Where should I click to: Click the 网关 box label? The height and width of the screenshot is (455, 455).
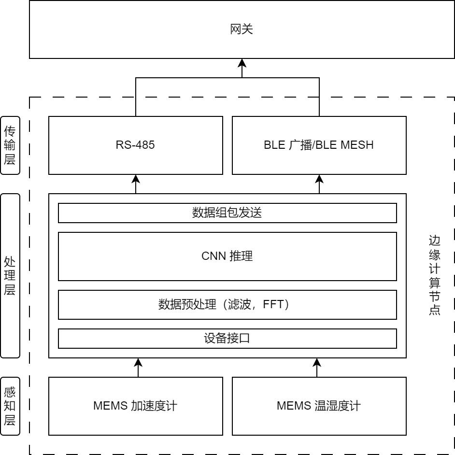point(242,30)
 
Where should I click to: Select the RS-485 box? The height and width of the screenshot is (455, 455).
point(135,145)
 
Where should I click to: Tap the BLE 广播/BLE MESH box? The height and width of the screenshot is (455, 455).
point(319,145)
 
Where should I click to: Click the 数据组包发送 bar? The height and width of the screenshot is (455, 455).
point(227,213)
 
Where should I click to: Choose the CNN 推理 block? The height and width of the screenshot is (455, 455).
point(227,256)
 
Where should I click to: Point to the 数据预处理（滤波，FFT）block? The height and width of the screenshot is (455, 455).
point(227,305)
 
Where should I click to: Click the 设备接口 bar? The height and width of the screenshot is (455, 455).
point(227,338)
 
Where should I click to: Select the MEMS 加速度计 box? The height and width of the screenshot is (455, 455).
point(135,406)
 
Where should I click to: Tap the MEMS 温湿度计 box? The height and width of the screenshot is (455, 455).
point(319,406)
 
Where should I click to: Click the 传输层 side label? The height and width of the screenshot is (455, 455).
point(10,145)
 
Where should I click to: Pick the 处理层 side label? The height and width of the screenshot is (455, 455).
point(10,276)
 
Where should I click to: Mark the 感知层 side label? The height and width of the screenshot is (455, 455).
point(10,406)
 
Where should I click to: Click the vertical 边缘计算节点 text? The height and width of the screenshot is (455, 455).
point(434,276)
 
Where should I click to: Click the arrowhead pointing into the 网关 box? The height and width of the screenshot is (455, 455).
point(242,63)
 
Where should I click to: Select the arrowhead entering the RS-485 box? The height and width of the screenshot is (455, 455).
point(136,178)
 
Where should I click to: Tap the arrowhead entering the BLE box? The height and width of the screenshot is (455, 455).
point(319,178)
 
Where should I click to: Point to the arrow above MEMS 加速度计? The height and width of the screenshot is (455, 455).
point(138,367)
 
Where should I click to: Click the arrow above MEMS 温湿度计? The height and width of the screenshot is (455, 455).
point(317,367)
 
